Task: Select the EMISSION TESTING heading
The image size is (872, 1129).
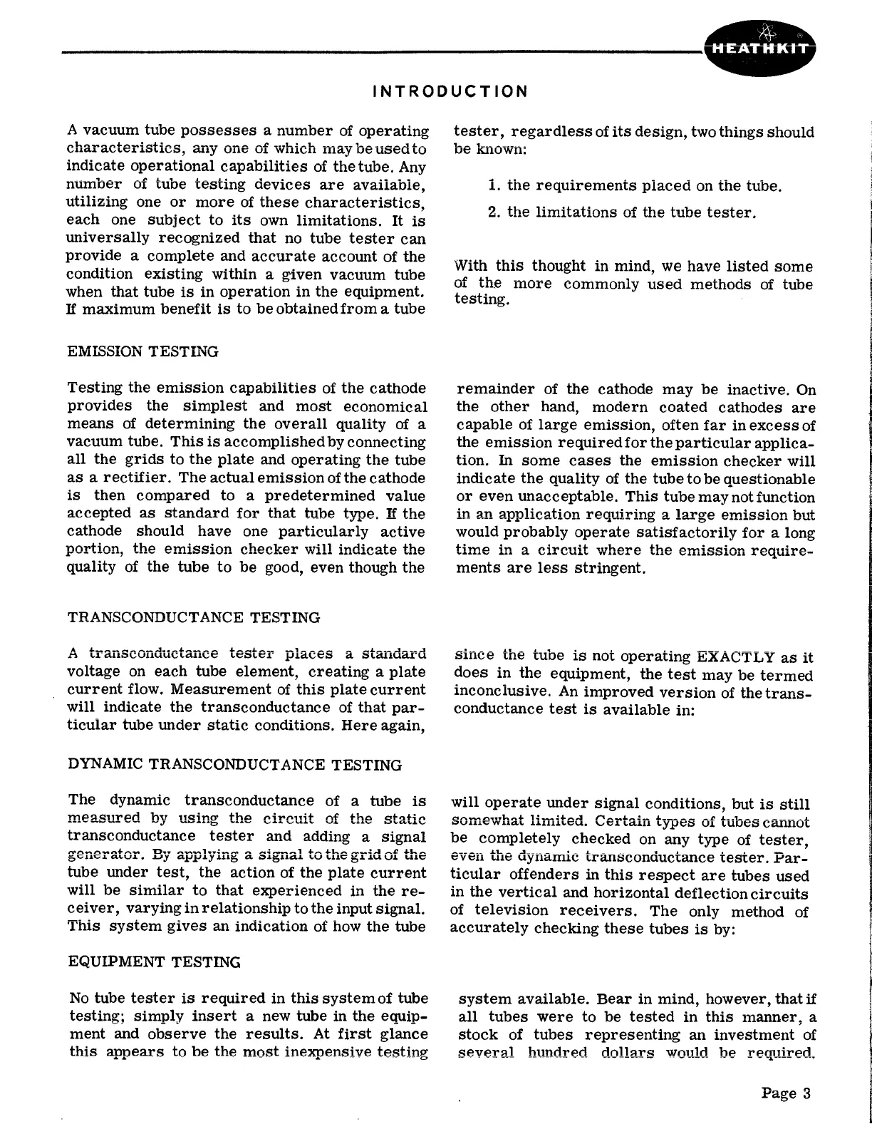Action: (142, 351)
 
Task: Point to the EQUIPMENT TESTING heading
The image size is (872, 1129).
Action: (154, 962)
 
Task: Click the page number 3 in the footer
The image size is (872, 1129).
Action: (806, 1093)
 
